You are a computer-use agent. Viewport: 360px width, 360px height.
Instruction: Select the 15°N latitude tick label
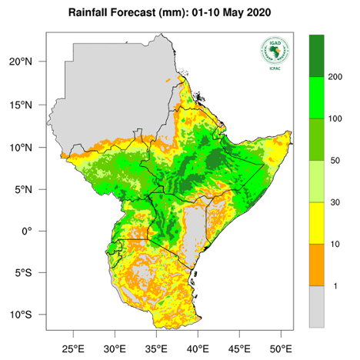[x=28, y=105]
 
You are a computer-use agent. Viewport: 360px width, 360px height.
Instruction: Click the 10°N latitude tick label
[x=28, y=147]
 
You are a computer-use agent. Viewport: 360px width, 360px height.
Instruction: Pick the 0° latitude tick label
[x=34, y=231]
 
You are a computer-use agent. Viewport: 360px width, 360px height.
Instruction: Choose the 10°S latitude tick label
[x=28, y=315]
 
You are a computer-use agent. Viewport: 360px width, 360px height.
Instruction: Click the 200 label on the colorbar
[x=335, y=78]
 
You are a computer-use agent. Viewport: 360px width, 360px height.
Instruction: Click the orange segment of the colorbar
[x=316, y=265]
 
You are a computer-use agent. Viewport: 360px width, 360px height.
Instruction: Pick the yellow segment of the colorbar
[x=316, y=224]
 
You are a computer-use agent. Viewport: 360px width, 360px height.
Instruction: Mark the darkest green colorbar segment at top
[x=316, y=56]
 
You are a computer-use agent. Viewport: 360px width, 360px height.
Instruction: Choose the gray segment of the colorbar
[x=316, y=307]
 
